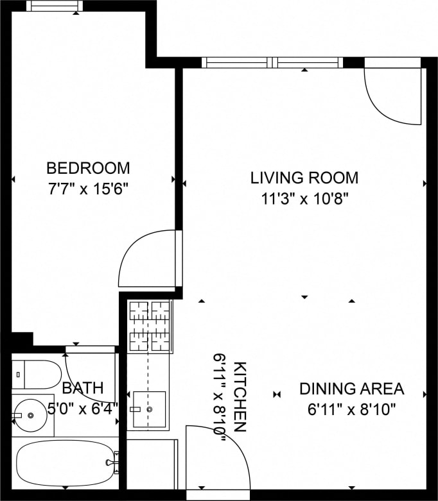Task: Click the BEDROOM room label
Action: click(x=88, y=168)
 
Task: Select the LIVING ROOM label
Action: click(x=304, y=178)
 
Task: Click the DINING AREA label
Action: click(x=351, y=389)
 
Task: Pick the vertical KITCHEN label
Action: click(x=240, y=397)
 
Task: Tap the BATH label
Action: click(x=82, y=387)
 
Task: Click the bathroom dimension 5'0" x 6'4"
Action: click(x=82, y=408)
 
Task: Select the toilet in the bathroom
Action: click(x=37, y=374)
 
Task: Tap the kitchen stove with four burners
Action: click(x=150, y=327)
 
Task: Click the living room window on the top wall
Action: click(x=274, y=63)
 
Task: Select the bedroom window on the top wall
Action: click(x=54, y=6)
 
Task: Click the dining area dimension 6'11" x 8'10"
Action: click(x=351, y=409)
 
